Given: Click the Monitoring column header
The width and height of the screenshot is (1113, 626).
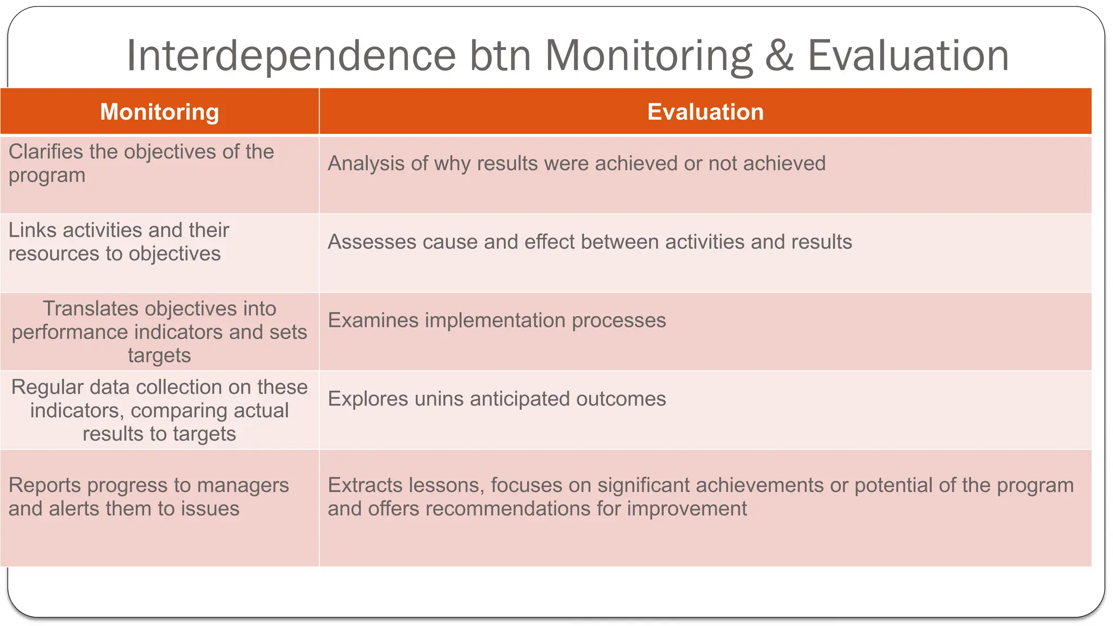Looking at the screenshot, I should pos(159,112).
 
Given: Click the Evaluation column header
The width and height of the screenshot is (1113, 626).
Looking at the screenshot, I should pos(705,112).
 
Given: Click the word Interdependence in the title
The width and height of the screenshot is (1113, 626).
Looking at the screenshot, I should pos(291,56).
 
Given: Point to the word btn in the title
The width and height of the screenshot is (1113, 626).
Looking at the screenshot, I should pos(500,56).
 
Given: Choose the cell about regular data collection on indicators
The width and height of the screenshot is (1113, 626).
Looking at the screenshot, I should pos(159,410).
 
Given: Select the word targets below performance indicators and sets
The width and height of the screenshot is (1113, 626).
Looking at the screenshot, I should pos(159,356).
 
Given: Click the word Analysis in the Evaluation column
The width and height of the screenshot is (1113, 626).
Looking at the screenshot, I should pos(366,164).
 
